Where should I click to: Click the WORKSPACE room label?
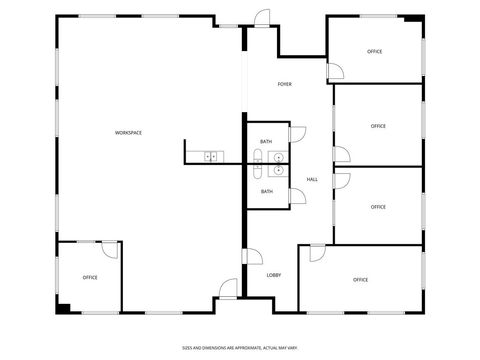(128, 133)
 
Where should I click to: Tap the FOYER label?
(285, 84)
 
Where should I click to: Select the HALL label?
(312, 180)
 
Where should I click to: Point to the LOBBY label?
(273, 275)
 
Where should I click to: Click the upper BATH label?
(266, 142)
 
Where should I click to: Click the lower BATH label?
(267, 191)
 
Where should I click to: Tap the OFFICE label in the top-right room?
(375, 51)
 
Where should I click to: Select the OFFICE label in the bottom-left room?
(90, 277)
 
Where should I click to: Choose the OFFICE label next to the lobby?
(360, 280)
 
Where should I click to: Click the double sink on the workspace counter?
(211, 156)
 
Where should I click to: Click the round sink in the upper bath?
(278, 157)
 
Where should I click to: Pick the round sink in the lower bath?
(278, 171)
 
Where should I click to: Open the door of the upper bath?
(297, 133)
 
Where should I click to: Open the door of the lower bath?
(297, 194)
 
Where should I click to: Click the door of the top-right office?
(336, 70)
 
